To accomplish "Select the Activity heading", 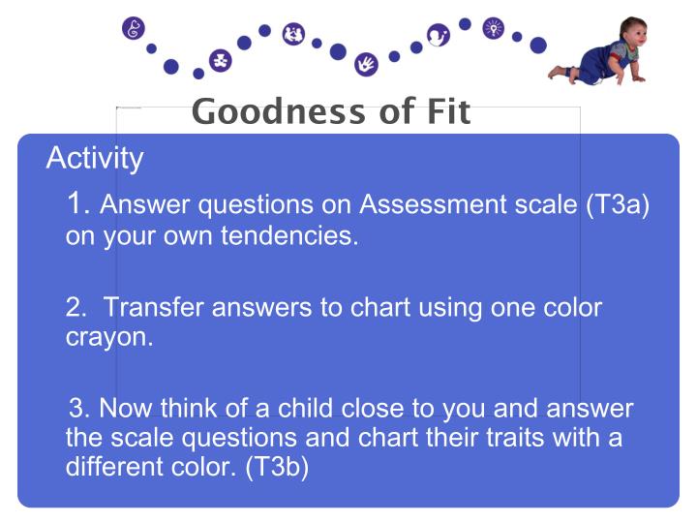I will pos(95,158).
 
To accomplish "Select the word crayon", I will pos(109,340).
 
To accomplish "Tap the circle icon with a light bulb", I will pos(494,28).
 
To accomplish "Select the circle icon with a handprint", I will pos(366,65).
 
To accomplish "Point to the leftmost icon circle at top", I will pos(134,28).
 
